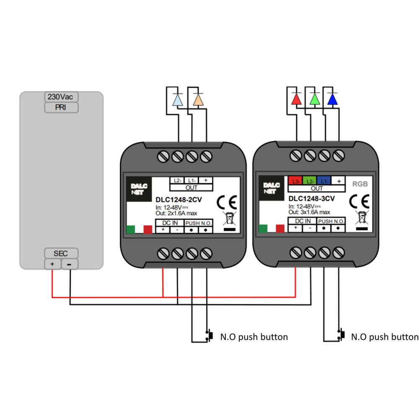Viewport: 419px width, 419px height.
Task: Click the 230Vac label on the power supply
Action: [61, 97]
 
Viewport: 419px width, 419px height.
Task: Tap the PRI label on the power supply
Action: [61, 107]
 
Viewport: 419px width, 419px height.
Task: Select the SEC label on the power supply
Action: [61, 253]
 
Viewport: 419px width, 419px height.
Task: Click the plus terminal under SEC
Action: [52, 264]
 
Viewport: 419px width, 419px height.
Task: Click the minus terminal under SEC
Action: [70, 264]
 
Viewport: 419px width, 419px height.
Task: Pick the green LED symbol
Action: [314, 99]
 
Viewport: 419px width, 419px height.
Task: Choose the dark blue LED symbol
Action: [332, 99]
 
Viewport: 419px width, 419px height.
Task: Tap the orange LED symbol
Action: [198, 99]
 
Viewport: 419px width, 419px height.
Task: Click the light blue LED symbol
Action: [178, 99]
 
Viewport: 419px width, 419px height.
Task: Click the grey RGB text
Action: [360, 184]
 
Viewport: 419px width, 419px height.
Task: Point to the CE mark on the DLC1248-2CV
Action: [226, 202]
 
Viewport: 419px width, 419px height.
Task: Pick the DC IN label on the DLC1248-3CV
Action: [303, 221]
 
